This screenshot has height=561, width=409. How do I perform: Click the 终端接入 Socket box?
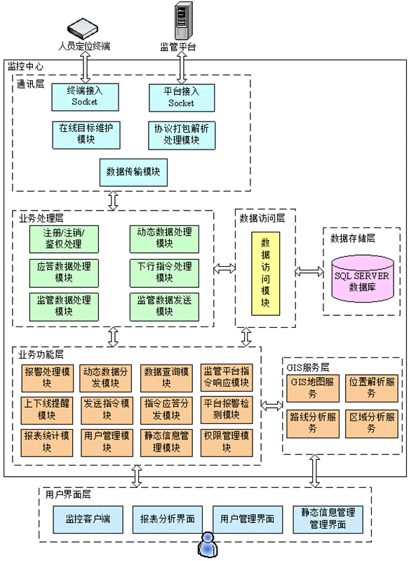click(85, 97)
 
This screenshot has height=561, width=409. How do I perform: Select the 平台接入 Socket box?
click(182, 98)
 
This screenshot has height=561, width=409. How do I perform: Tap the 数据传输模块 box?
click(133, 173)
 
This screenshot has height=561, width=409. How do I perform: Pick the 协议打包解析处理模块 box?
click(182, 136)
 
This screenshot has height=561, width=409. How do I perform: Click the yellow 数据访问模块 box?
click(265, 273)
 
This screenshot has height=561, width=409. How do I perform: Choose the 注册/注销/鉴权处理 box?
click(64, 239)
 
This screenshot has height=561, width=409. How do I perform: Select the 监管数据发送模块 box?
click(164, 307)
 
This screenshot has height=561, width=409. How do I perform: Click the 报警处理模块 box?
click(47, 378)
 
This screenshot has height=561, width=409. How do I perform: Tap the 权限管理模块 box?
click(227, 443)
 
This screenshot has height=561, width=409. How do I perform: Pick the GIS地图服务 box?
click(313, 388)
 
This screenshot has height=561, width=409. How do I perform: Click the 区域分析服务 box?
click(371, 424)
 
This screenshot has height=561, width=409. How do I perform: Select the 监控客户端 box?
click(88, 520)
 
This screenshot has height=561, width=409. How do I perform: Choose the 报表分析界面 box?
click(167, 520)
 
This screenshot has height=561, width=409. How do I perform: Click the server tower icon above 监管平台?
click(183, 20)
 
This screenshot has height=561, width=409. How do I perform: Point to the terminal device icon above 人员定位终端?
click(83, 29)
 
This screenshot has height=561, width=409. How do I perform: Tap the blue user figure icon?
click(208, 545)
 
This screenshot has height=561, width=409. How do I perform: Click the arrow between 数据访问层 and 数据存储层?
click(309, 272)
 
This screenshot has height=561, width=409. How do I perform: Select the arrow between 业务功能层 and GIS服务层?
click(271, 405)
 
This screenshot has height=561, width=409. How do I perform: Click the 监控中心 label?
click(25, 67)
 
